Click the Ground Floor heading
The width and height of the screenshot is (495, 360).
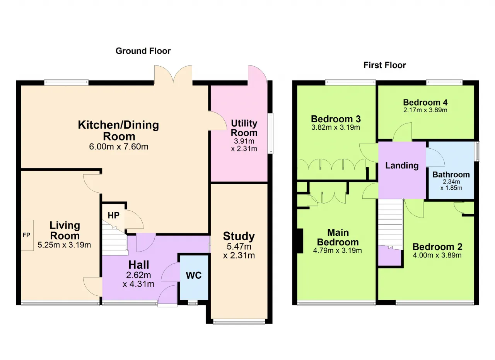tap(143, 51)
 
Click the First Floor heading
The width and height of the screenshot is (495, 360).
tap(384, 65)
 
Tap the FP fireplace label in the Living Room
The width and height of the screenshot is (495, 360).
tap(26, 235)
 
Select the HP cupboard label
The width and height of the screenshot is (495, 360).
tap(114, 215)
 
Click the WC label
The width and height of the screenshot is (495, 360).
tap(194, 275)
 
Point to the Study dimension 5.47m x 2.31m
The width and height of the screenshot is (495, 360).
tap(239, 251)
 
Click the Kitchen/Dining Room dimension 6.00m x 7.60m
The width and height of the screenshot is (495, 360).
tap(119, 147)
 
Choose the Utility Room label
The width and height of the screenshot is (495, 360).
tap(244, 128)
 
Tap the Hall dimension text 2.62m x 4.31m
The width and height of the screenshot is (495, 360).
tap(138, 279)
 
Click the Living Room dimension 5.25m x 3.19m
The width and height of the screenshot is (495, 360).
tap(64, 245)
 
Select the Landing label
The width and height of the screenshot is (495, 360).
tap(402, 165)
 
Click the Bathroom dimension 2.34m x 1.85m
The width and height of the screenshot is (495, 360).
tap(451, 185)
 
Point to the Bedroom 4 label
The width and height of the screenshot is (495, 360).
tap(425, 102)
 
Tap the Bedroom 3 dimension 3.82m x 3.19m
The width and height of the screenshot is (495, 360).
tap(336, 127)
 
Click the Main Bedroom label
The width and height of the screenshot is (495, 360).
tap(338, 237)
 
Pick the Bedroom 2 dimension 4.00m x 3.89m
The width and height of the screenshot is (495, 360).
tap(437, 255)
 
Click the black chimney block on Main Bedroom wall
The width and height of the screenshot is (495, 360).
tap(300, 241)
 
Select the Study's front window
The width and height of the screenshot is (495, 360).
tap(239, 322)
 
